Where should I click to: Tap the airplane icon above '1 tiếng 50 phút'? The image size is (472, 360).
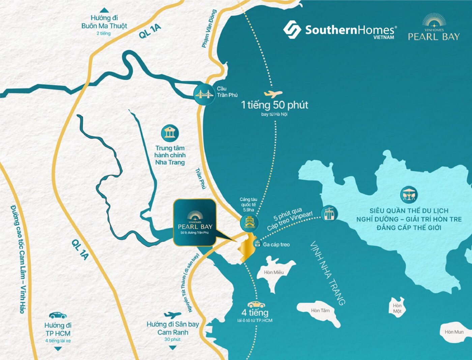click(273, 93)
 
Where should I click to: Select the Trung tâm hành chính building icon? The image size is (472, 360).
click(170, 133)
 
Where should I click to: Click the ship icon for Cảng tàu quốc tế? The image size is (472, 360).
click(249, 222)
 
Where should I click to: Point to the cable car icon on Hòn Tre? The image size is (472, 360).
click(329, 213)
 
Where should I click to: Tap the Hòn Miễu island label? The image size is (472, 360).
click(274, 272)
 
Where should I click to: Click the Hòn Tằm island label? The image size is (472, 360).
click(320, 310)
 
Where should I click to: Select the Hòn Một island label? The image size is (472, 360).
click(397, 308)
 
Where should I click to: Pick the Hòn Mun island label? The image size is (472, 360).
click(454, 332)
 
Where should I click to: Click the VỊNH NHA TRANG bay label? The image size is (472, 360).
click(327, 273)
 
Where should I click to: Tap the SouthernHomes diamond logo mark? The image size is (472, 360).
click(292, 29)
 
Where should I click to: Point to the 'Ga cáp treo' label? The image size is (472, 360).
click(276, 245)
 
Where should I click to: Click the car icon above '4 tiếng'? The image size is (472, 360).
click(256, 305)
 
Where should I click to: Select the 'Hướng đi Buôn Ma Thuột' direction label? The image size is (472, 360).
click(104, 22)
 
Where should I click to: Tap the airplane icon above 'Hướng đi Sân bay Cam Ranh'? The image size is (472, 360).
click(172, 315)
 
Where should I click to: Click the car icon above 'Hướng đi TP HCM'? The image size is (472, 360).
click(58, 315)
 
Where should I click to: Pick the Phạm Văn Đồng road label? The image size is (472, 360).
click(209, 29)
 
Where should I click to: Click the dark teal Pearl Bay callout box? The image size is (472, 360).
click(195, 222)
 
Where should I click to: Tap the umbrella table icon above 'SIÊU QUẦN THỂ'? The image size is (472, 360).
click(409, 194)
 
